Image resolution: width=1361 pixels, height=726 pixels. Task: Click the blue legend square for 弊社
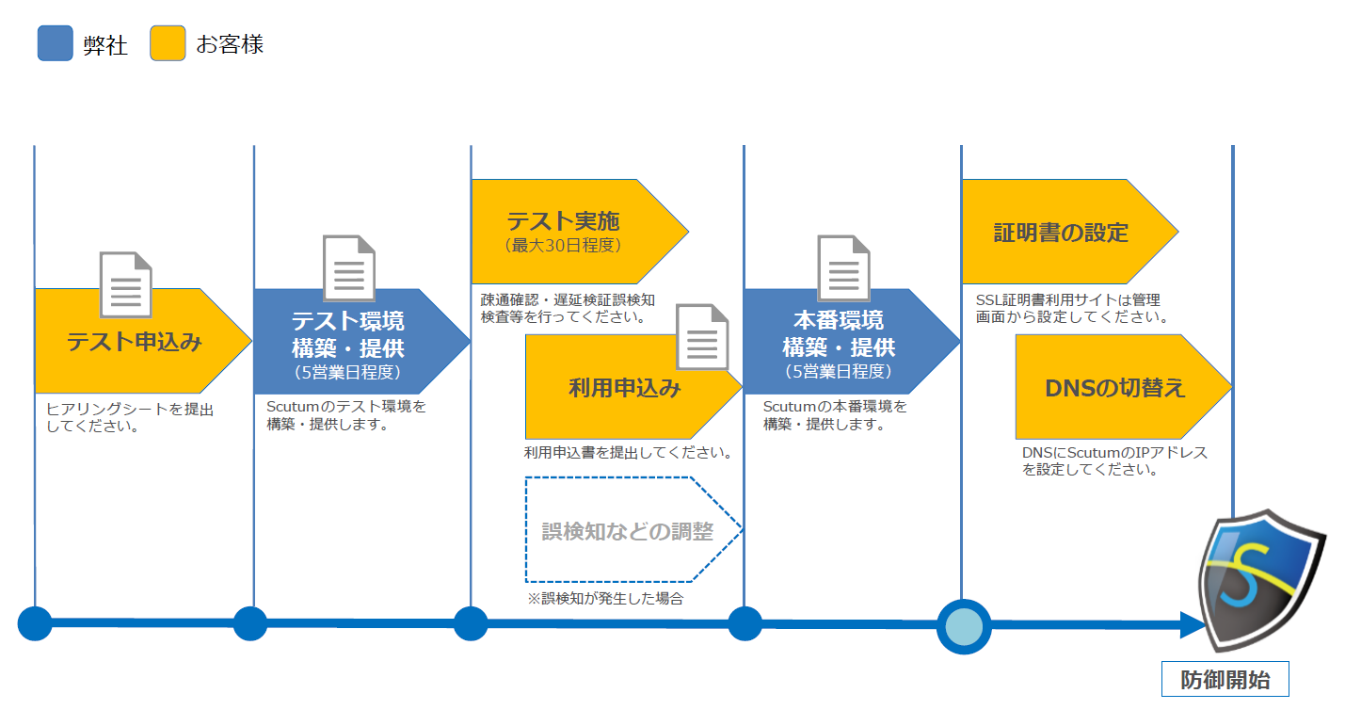(x=55, y=43)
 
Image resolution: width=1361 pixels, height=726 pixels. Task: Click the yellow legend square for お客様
(x=168, y=43)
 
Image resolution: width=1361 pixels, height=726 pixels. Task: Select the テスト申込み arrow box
(x=135, y=341)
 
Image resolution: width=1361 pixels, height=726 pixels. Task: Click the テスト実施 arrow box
(x=565, y=231)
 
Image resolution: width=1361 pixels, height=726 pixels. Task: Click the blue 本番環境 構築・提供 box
(x=838, y=341)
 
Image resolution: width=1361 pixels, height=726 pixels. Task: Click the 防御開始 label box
(x=1225, y=680)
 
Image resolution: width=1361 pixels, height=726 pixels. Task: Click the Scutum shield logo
(x=1260, y=578)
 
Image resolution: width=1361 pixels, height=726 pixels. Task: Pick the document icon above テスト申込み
(x=125, y=284)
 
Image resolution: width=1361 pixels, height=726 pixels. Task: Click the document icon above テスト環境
(x=349, y=268)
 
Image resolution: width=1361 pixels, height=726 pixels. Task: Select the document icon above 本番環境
(x=843, y=268)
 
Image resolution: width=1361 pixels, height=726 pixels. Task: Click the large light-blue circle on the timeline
(x=964, y=625)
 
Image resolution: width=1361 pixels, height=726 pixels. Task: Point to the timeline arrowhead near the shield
(x=1193, y=624)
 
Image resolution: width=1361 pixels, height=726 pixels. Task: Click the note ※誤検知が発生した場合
(x=605, y=598)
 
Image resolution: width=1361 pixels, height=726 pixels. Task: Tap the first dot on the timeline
(x=35, y=623)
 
